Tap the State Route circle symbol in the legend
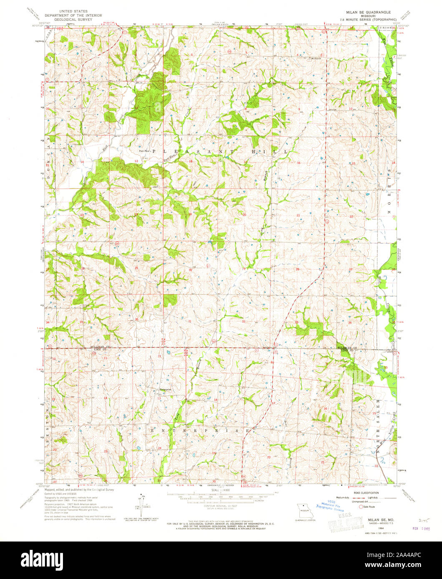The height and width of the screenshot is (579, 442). (x=355, y=507)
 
